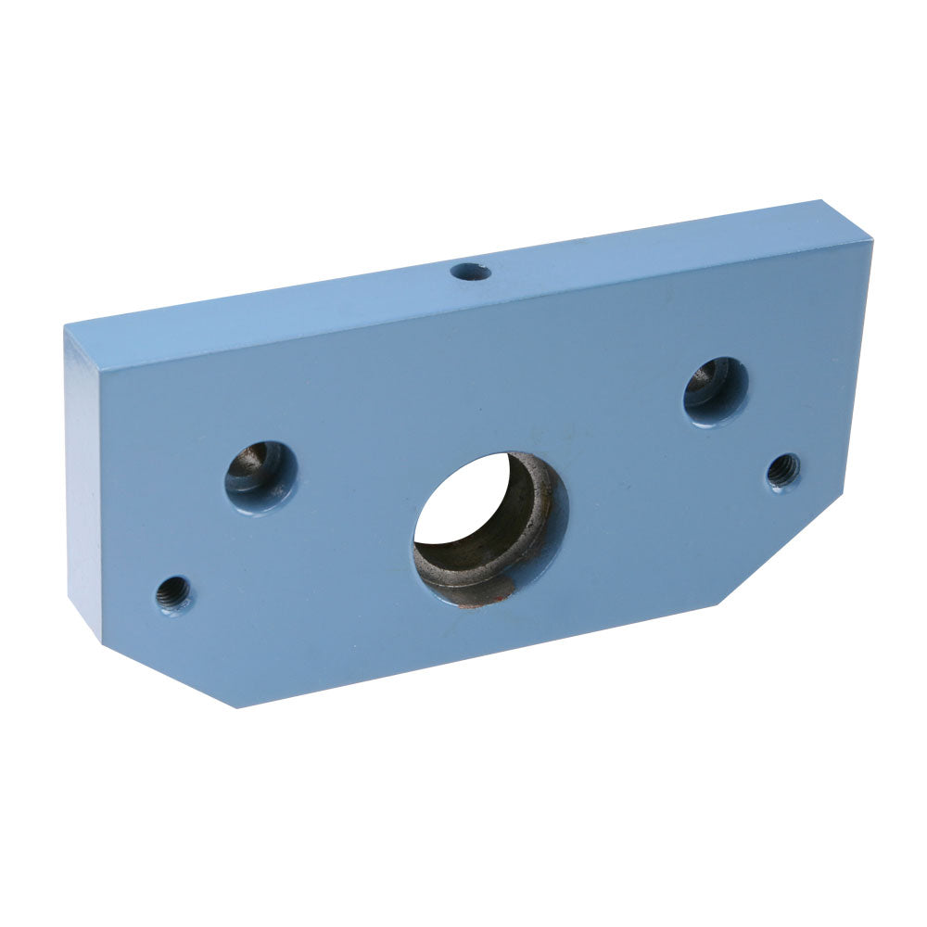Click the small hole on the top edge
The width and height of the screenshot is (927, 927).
470,272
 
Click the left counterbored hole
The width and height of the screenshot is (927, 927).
260,476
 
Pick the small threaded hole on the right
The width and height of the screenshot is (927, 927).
783,471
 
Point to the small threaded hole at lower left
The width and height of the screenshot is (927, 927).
173,592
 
